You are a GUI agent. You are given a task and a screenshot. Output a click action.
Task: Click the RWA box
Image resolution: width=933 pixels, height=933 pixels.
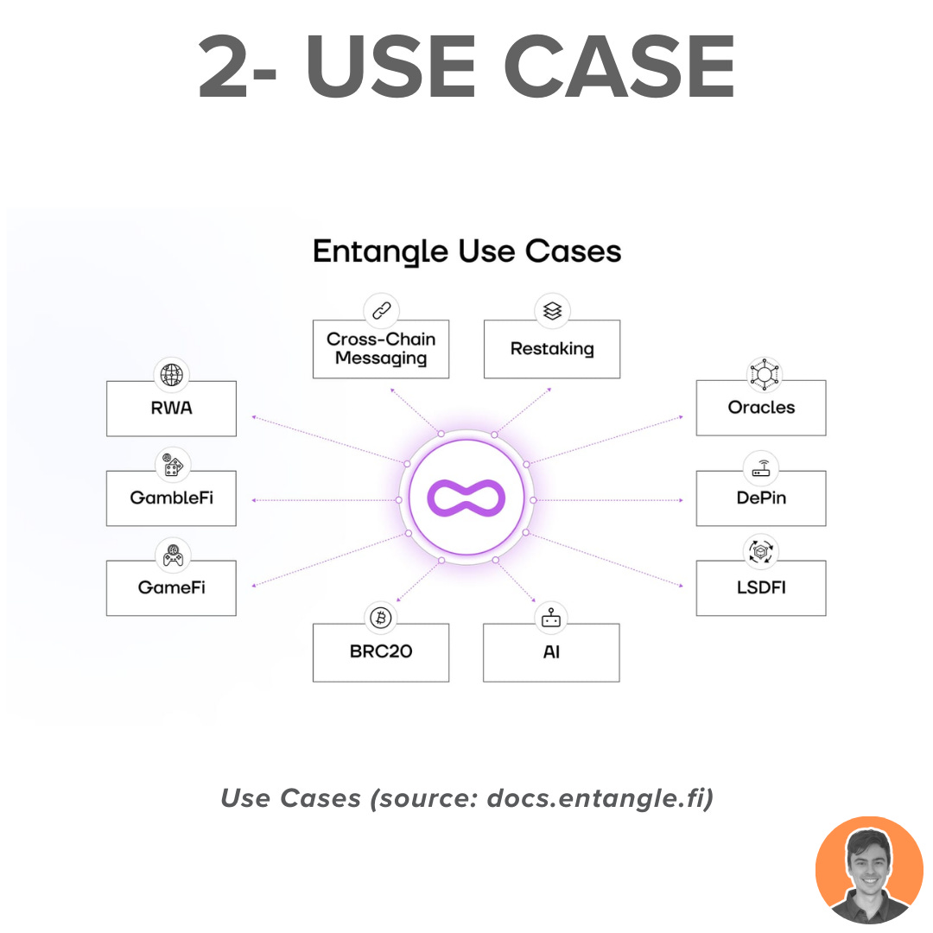[171, 409]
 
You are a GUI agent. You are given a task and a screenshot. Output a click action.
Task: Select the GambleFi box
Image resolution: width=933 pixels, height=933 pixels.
[171, 498]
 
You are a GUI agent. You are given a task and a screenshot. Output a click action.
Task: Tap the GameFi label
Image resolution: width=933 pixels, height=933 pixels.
[171, 587]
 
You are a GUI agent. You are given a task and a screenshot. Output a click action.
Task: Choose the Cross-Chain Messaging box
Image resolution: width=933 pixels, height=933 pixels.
[381, 349]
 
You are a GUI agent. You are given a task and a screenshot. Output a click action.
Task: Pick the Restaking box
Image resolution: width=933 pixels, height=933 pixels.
[552, 349]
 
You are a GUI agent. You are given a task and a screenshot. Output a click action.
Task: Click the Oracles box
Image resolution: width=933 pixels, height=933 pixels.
[761, 408]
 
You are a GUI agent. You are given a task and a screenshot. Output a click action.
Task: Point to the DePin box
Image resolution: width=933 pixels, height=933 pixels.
[761, 498]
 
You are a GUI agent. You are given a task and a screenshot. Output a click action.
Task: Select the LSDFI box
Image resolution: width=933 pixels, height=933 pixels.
[761, 588]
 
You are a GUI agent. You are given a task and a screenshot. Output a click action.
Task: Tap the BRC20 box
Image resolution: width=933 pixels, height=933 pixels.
[381, 652]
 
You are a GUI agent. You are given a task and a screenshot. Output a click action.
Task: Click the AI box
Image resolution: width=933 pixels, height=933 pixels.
[551, 652]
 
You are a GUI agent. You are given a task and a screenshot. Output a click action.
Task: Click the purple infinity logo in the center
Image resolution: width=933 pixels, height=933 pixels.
[466, 500]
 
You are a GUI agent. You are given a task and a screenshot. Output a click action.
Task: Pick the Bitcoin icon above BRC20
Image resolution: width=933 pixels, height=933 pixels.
[381, 618]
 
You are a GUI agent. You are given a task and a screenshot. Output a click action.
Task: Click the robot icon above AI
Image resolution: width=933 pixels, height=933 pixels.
[551, 618]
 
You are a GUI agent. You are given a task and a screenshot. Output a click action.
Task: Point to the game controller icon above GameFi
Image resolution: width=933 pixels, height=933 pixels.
[171, 555]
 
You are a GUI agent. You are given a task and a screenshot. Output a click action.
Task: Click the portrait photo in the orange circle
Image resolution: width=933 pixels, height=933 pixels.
[869, 869]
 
